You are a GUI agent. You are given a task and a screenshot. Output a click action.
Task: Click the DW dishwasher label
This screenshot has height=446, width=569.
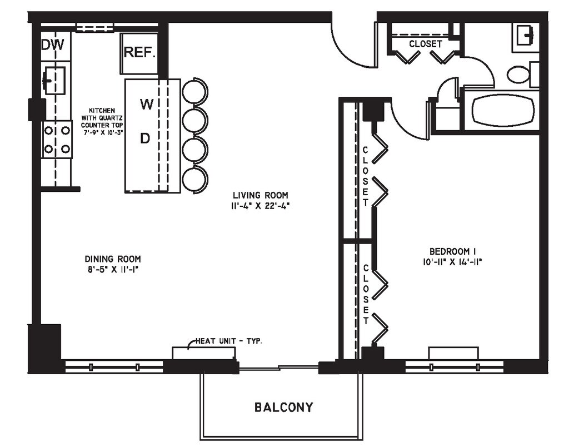[x=53, y=44]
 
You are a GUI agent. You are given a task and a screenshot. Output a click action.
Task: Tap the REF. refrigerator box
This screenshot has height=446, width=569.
[x=139, y=54]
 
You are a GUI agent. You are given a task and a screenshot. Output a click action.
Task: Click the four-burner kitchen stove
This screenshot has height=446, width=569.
[x=57, y=140]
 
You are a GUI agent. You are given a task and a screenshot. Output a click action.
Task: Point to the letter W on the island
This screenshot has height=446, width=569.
[x=147, y=105]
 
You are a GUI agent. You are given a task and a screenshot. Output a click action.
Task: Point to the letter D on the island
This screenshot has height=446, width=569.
[x=145, y=138]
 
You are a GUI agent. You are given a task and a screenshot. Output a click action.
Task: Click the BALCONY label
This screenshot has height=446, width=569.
[x=283, y=407]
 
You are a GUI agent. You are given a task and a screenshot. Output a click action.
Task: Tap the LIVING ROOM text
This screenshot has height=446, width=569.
[x=261, y=195]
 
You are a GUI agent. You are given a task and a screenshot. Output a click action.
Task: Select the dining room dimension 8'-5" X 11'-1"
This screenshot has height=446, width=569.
[x=113, y=270]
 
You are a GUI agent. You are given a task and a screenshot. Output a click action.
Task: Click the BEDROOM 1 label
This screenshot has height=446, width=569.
[x=452, y=251]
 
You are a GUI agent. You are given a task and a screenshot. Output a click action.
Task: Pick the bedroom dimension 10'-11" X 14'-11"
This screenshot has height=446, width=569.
[x=452, y=262]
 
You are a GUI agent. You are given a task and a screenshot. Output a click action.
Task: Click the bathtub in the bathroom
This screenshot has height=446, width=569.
[x=503, y=111]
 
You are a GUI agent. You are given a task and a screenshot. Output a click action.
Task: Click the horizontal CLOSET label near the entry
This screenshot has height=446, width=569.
[x=426, y=44]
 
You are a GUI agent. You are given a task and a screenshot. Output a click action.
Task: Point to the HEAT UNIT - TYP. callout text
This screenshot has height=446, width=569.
[x=229, y=341]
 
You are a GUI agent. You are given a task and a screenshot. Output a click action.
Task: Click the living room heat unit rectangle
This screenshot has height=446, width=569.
[x=203, y=353]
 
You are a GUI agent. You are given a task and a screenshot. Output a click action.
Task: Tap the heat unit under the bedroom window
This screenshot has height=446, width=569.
[x=453, y=353]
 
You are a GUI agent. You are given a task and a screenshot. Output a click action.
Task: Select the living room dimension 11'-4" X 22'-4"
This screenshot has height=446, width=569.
[x=261, y=206]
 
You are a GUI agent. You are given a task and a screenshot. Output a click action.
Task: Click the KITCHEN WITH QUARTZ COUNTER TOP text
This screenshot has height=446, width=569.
[x=103, y=121]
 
